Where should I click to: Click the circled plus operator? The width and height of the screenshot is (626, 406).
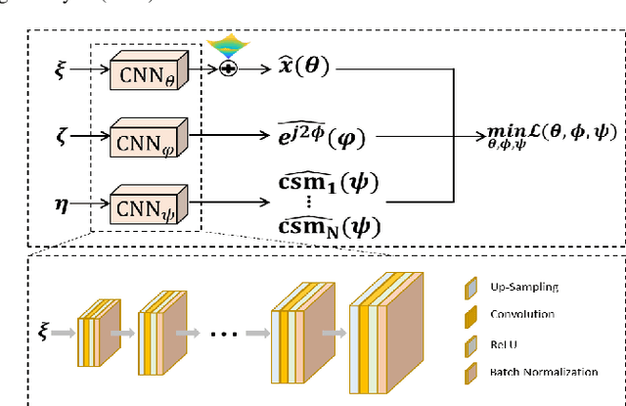tap(227, 70)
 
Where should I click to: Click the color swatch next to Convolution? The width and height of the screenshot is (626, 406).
tap(471, 315)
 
